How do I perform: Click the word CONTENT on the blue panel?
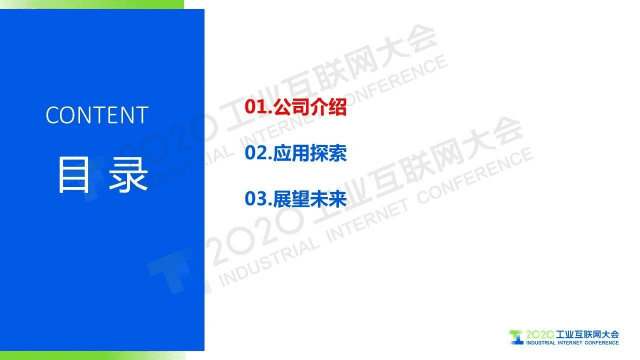(97, 115)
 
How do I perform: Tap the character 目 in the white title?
(74, 175)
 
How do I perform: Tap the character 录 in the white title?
(128, 175)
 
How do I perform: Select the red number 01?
(256, 107)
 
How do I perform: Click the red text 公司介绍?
(310, 107)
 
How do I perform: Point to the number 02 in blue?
(256, 153)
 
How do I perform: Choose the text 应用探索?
(310, 153)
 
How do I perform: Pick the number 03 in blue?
(256, 199)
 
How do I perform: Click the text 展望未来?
(310, 199)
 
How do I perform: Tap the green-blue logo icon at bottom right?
(516, 337)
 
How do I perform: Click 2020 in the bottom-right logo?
(539, 334)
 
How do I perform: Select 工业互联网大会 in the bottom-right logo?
(587, 334)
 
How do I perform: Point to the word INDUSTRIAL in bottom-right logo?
(541, 343)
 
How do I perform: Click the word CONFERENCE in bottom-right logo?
(601, 343)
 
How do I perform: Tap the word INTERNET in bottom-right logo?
(570, 343)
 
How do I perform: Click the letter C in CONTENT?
(52, 115)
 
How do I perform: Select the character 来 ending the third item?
(337, 199)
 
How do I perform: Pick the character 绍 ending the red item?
(337, 107)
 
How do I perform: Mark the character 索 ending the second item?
(337, 153)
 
